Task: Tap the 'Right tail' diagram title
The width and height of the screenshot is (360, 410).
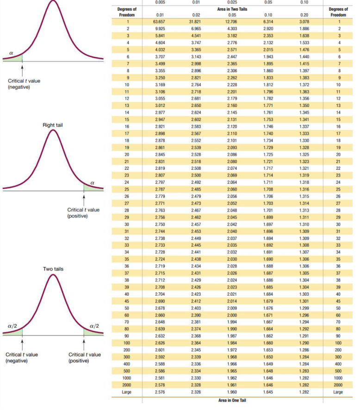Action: [53, 125]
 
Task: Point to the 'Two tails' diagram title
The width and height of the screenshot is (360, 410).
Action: [53, 269]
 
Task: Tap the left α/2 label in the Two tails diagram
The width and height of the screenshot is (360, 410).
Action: [12, 326]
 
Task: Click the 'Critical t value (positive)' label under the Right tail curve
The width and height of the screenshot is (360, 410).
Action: [83, 213]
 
